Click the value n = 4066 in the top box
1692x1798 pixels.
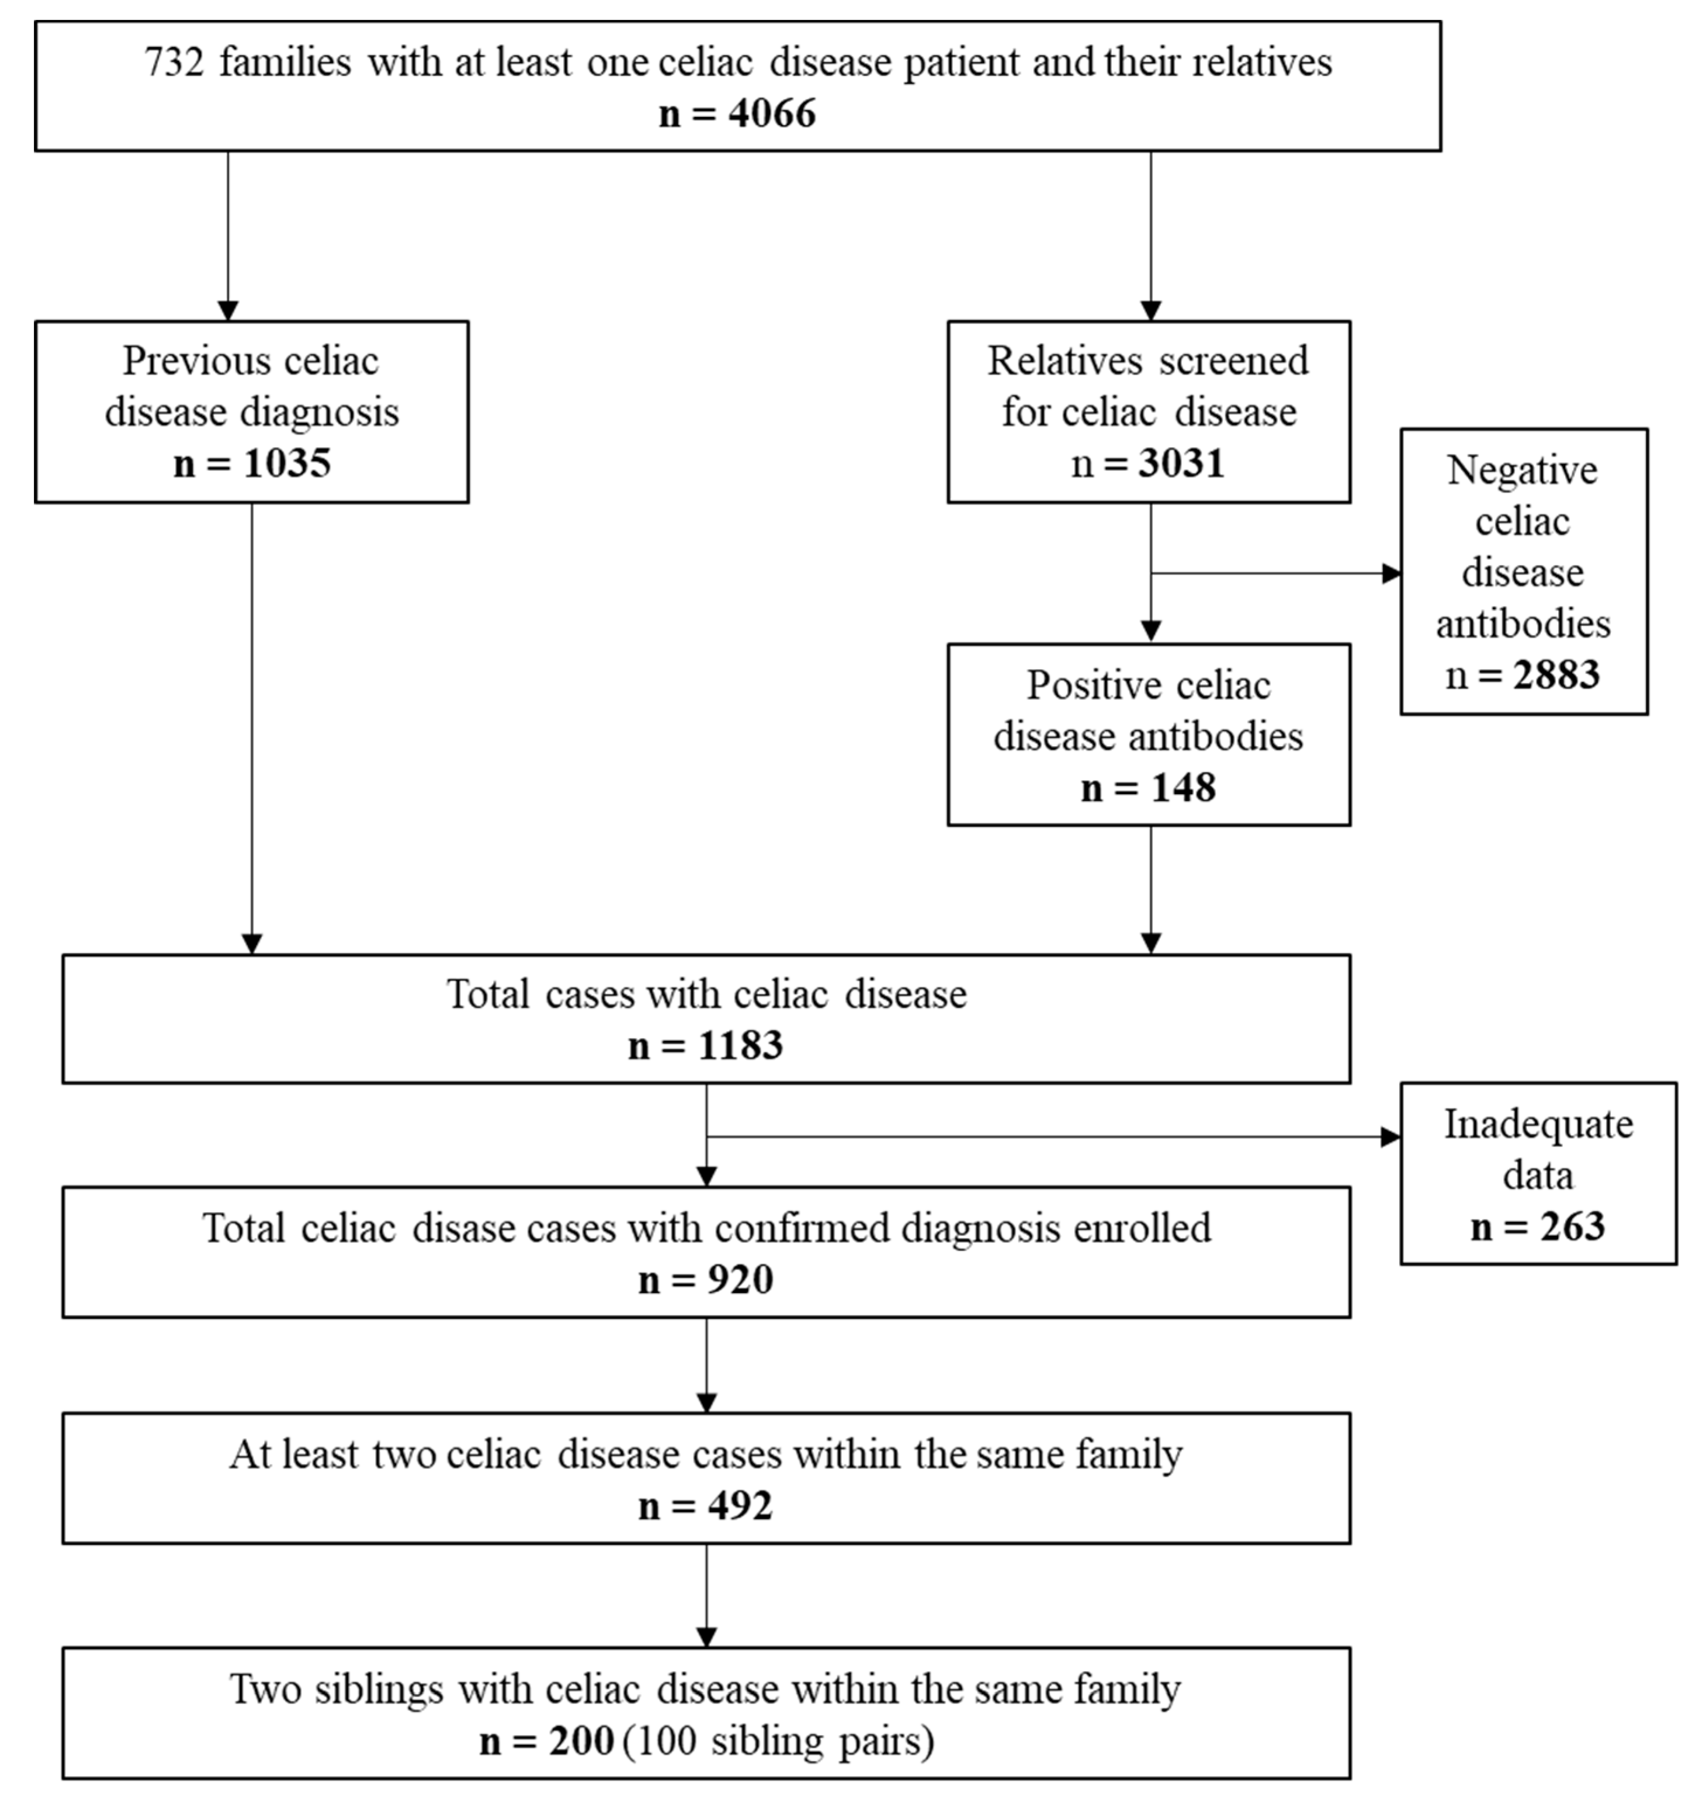point(737,114)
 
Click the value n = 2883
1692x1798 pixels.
point(1523,675)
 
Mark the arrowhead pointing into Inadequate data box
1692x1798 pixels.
point(1391,1137)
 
